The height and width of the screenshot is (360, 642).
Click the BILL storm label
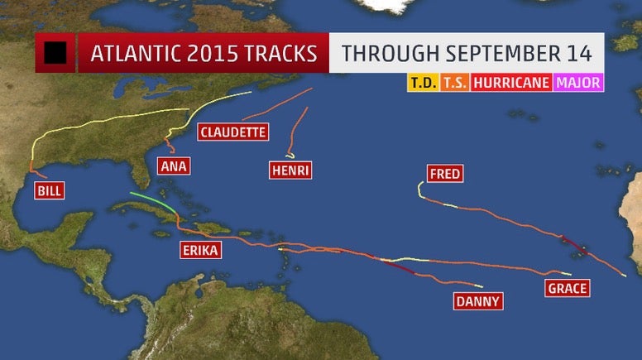click(x=48, y=191)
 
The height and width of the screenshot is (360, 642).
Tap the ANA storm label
click(x=173, y=166)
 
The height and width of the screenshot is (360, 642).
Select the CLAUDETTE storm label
click(x=232, y=132)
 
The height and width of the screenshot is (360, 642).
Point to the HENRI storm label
click(x=290, y=170)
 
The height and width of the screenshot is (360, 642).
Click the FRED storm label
click(x=444, y=174)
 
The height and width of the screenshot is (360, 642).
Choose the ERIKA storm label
click(x=202, y=251)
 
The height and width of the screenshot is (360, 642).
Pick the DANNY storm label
click(x=478, y=301)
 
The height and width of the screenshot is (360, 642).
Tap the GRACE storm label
click(x=567, y=288)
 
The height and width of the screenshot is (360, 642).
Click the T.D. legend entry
click(x=423, y=83)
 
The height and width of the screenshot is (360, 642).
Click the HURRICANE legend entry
click(x=511, y=83)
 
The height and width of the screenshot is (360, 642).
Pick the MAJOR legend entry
click(x=578, y=83)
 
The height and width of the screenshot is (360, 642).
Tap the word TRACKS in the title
click(x=278, y=54)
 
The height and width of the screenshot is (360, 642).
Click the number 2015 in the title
click(x=209, y=54)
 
